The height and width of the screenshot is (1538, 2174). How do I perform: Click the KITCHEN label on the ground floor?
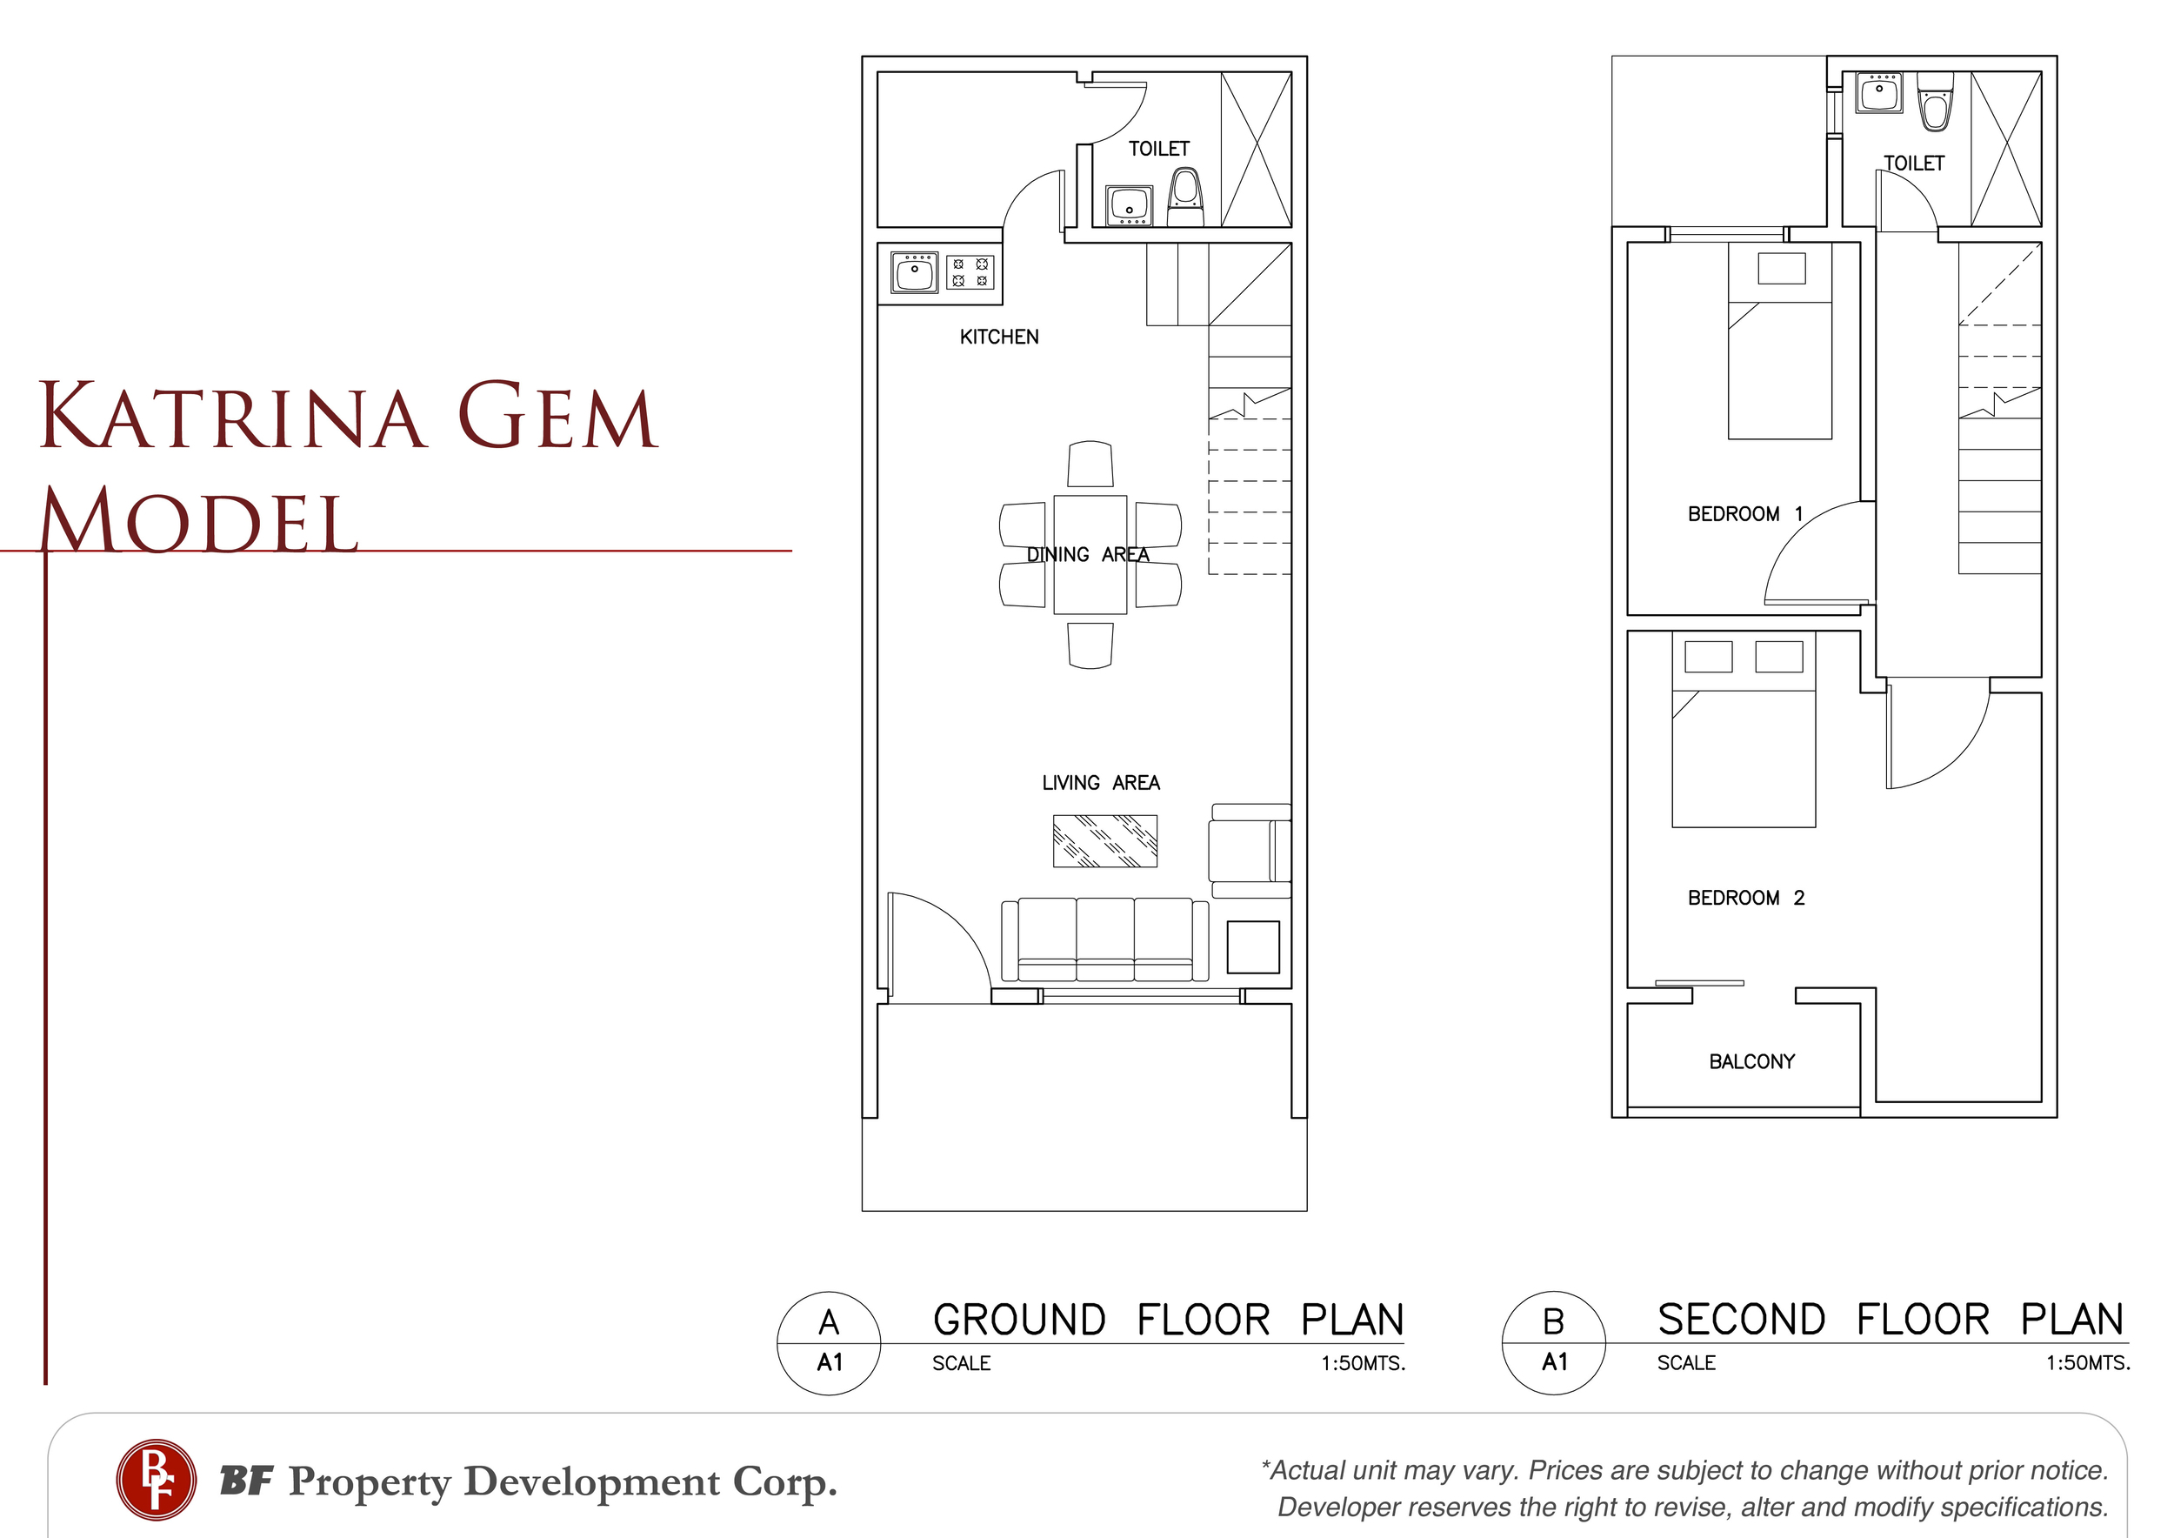pos(999,338)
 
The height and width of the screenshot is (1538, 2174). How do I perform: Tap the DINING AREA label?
pos(1088,555)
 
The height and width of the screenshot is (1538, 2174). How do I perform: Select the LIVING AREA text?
pos(1100,783)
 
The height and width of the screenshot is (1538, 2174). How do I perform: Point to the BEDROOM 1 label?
pos(1745,514)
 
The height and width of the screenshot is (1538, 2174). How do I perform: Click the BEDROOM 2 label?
pos(1746,898)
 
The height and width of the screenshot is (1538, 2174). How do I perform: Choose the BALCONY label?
pos(1751,1061)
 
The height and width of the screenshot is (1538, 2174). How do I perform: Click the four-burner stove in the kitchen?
pos(970,271)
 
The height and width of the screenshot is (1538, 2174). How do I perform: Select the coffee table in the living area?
pos(1105,841)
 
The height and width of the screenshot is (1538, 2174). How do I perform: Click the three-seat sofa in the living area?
pos(1105,940)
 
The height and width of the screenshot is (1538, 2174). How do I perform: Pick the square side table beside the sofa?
pos(1253,947)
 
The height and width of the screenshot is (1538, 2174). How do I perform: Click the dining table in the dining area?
pos(1090,555)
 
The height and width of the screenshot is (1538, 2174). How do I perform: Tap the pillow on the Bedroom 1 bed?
pos(1781,268)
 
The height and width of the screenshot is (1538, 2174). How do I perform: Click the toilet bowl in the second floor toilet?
pos(1935,103)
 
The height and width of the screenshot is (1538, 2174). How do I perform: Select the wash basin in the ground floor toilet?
pos(1129,205)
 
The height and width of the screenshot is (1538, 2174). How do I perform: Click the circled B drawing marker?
pos(1554,1342)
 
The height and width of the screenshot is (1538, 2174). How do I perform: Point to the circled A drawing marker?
pos(829,1343)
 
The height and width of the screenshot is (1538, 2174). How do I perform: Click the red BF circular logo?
pos(157,1480)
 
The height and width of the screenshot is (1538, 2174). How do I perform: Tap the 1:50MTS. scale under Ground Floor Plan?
pos(1363,1364)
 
